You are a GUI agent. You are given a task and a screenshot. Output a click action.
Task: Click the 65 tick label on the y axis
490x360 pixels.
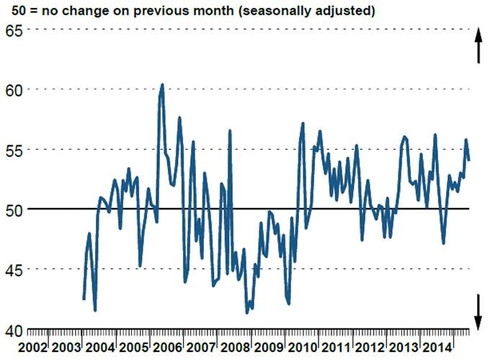pyautogui.click(x=15, y=30)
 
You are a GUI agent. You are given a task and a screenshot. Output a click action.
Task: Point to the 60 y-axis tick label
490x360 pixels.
pyautogui.click(x=15, y=89)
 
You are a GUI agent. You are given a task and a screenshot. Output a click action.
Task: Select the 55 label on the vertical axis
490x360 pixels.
pyautogui.click(x=15, y=150)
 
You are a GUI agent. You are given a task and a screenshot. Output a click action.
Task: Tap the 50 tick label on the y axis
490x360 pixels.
pyautogui.click(x=15, y=210)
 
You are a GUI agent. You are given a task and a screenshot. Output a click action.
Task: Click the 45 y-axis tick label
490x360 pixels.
pyautogui.click(x=15, y=269)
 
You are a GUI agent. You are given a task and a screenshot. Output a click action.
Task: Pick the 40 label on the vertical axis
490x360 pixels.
pyautogui.click(x=15, y=330)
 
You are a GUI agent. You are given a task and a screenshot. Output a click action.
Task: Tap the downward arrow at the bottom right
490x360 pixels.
pyautogui.click(x=478, y=310)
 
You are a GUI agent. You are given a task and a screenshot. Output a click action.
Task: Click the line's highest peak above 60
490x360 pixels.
pyautogui.click(x=162, y=85)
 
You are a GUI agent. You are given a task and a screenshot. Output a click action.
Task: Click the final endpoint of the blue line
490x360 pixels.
pyautogui.click(x=468, y=159)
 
